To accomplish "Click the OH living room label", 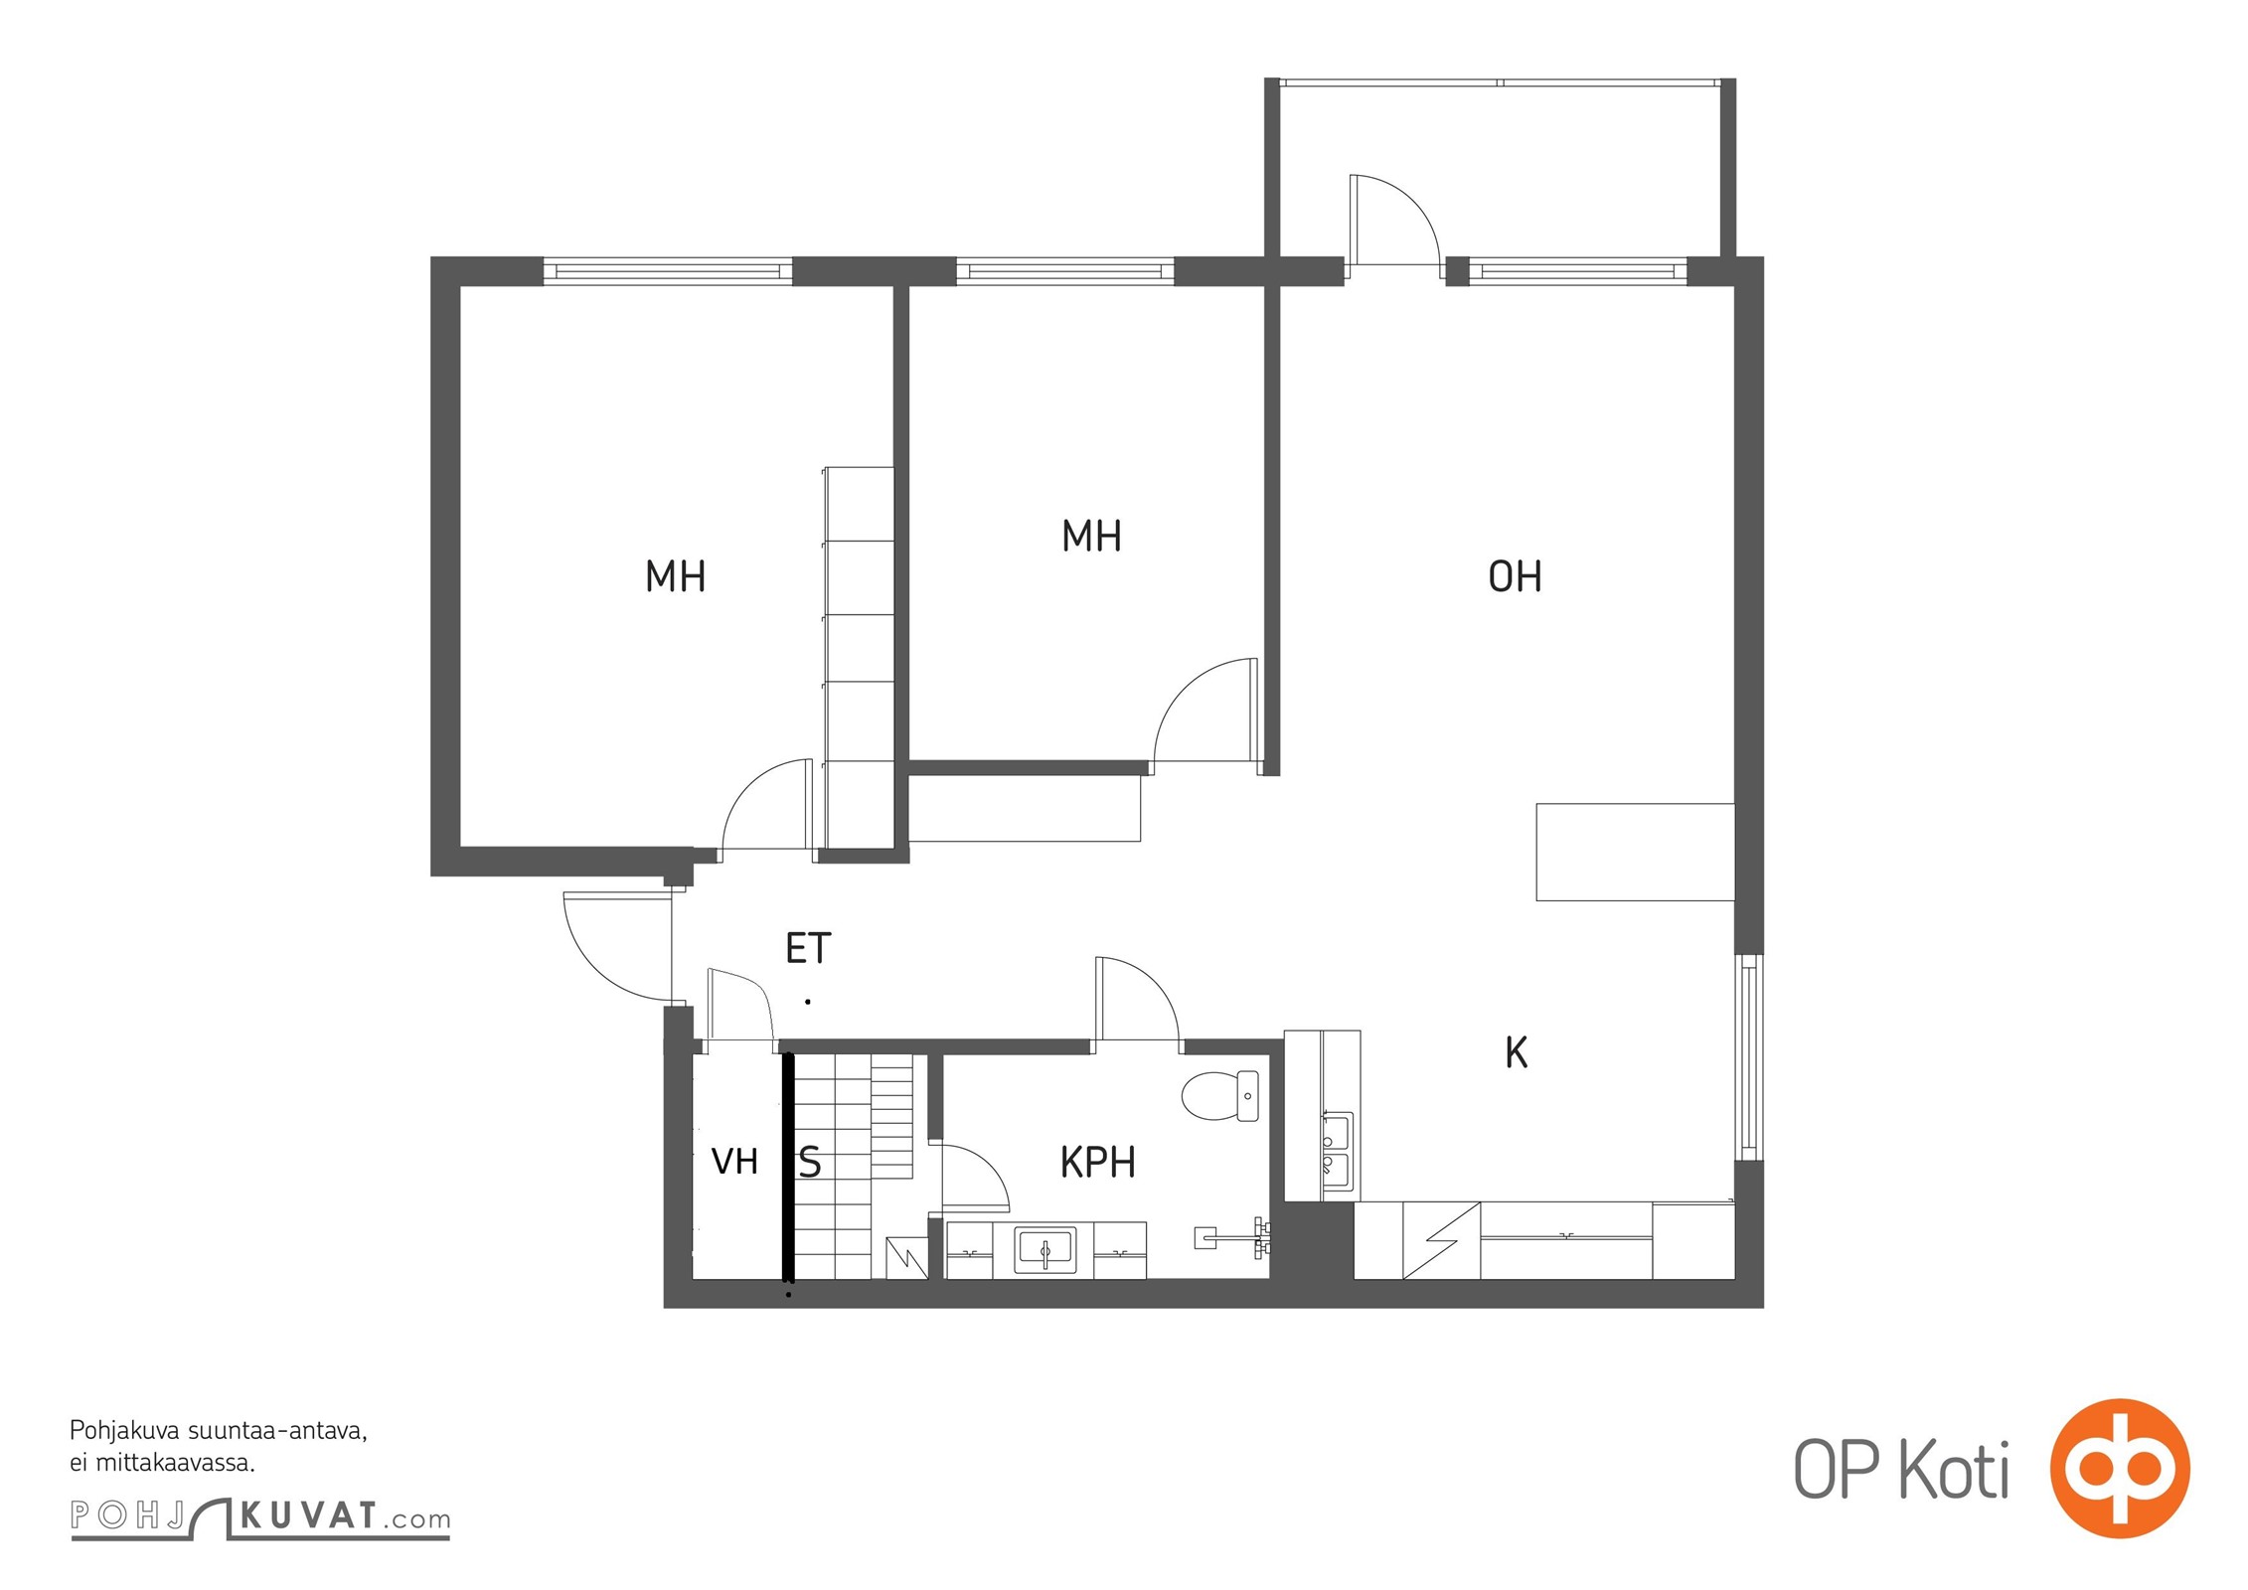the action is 1515,576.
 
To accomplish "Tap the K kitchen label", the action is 1516,1052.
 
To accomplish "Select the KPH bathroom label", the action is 1097,1162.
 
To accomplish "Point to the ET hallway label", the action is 808,948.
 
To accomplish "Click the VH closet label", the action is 734,1161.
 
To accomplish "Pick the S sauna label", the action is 810,1162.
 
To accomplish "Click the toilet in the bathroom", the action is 1220,1095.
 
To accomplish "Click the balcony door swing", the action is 1394,221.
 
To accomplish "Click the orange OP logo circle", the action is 2120,1469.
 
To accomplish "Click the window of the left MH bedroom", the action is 668,270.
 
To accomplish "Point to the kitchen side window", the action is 1749,1057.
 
